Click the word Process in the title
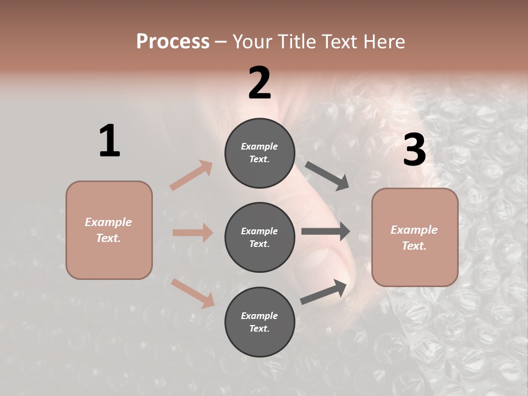point(173,42)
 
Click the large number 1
point(109,141)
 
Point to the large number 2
point(260,83)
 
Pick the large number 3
point(414,150)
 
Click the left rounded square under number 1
point(109,230)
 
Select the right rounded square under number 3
point(415,238)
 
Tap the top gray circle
point(260,153)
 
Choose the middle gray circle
point(260,238)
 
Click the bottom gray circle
point(260,322)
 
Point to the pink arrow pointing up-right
point(191,175)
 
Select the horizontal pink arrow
point(193,233)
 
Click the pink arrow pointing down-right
point(193,293)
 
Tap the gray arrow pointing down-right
point(327,176)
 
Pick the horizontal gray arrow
point(326,232)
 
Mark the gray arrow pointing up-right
point(323,292)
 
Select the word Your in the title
point(251,42)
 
